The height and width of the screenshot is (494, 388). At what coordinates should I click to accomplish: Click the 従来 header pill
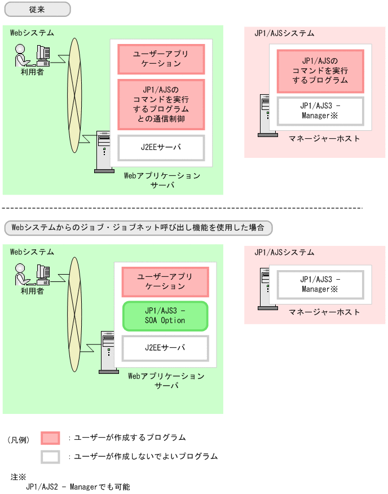(x=37, y=10)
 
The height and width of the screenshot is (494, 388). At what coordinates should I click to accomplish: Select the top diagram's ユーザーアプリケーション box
(x=161, y=59)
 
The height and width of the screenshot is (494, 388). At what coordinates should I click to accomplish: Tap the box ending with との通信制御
(x=161, y=104)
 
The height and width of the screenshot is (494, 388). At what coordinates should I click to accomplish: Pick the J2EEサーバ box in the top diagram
(x=161, y=148)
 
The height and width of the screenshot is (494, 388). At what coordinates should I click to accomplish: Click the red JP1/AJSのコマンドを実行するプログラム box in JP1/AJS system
(x=320, y=70)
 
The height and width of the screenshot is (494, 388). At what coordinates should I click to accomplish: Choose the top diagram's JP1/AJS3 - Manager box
(x=320, y=111)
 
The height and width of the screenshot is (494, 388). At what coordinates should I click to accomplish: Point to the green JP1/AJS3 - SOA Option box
(x=165, y=316)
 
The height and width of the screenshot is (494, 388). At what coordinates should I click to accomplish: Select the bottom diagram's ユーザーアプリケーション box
(x=165, y=281)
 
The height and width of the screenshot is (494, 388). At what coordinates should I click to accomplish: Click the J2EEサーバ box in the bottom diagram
(x=165, y=349)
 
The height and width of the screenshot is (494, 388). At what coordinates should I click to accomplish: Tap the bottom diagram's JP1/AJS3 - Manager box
(x=320, y=284)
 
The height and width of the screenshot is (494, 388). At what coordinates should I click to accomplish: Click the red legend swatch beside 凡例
(x=50, y=438)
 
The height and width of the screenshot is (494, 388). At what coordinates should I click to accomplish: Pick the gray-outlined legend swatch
(x=50, y=456)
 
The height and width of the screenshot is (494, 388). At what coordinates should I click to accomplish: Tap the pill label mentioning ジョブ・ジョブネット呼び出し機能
(x=138, y=228)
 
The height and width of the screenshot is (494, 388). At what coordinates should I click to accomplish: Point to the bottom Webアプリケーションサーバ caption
(x=166, y=381)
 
